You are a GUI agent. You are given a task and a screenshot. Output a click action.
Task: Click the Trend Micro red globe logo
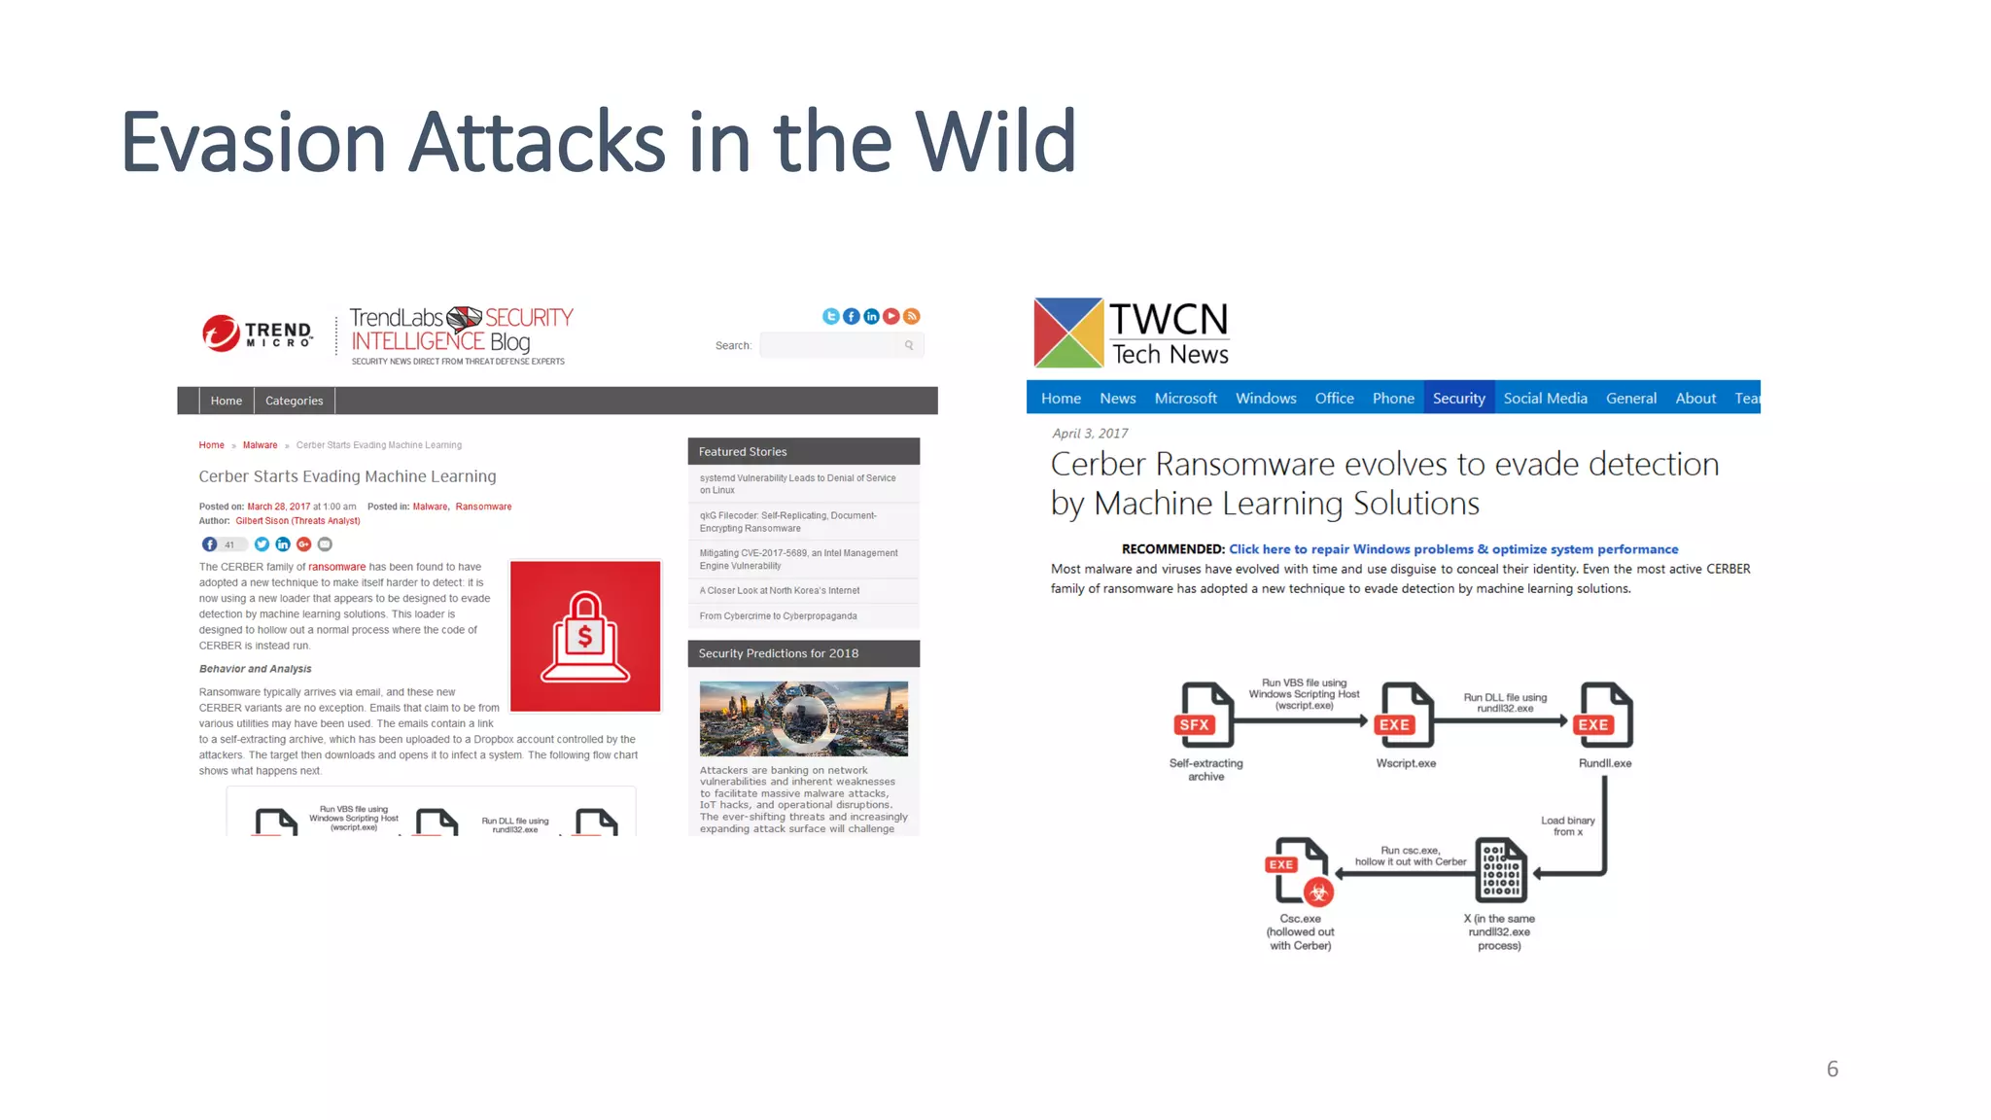221,332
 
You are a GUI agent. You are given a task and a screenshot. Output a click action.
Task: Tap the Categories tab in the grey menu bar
294,401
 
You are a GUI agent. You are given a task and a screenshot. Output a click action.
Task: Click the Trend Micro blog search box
832,345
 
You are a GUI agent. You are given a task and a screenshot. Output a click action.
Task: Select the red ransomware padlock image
585,636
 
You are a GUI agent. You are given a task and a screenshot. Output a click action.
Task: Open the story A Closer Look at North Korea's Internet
779,590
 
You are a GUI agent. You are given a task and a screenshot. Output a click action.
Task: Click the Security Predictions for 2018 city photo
803,718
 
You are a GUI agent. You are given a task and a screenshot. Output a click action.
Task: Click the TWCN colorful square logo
1067,332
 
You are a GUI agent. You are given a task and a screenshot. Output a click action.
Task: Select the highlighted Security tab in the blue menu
1458,398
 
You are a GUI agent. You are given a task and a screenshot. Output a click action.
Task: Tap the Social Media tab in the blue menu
1544,398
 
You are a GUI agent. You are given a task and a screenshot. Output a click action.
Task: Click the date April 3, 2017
1090,434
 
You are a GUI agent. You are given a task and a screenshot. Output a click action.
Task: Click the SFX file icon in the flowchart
1204,715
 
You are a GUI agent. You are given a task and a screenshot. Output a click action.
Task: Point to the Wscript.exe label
1405,763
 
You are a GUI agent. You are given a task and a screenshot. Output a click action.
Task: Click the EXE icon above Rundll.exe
1603,715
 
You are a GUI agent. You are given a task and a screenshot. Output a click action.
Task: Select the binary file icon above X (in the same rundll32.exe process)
1500,870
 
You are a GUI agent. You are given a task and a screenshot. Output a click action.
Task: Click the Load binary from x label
1567,825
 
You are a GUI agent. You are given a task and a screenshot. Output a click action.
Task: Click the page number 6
1832,1068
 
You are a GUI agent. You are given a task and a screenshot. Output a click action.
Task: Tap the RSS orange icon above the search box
911,316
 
